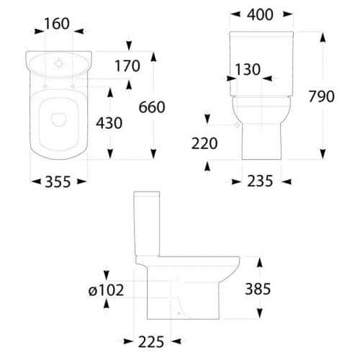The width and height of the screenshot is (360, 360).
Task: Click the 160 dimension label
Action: pyautogui.click(x=57, y=24)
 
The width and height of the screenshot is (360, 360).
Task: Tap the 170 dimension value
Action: pyautogui.click(x=127, y=66)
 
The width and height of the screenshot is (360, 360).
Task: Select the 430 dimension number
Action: pyautogui.click(x=109, y=123)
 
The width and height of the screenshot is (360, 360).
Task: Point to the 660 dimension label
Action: pyautogui.click(x=152, y=107)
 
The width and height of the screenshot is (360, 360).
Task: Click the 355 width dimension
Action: pyautogui.click(x=58, y=181)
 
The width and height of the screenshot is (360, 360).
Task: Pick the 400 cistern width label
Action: pyautogui.click(x=260, y=14)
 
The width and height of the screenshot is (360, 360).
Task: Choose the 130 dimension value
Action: pyautogui.click(x=248, y=70)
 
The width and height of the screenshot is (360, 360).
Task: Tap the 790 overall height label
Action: pyautogui.click(x=321, y=96)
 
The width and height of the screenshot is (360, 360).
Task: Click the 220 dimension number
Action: pyautogui.click(x=204, y=143)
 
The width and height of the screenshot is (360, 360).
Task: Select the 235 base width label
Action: pyautogui.click(x=260, y=181)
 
